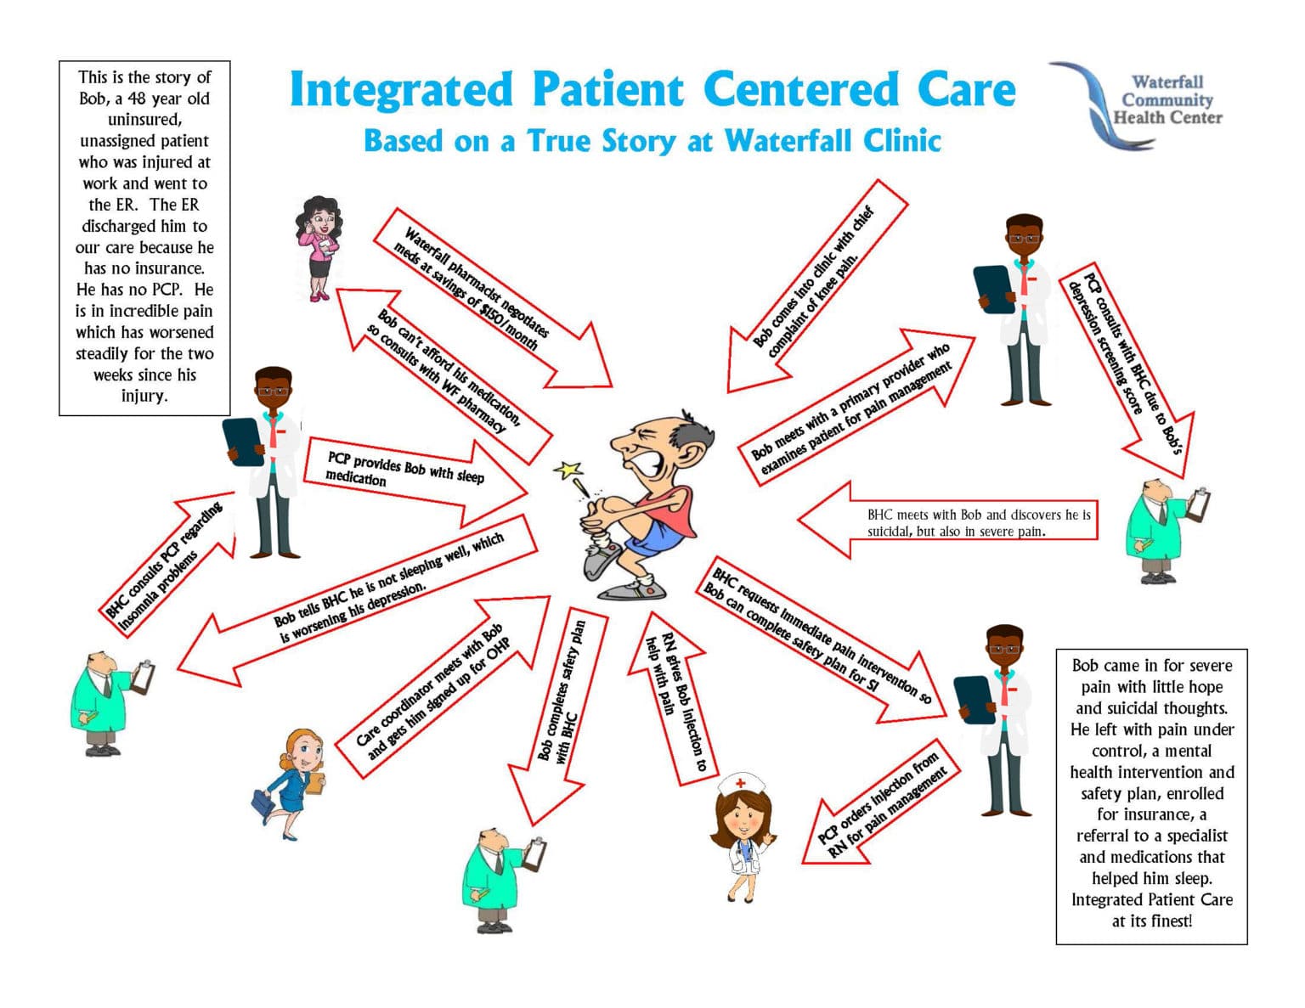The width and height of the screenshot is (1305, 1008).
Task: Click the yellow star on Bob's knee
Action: [568, 470]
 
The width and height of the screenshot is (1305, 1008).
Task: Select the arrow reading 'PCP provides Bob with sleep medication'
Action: [408, 476]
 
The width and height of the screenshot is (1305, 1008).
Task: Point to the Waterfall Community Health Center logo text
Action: [1167, 100]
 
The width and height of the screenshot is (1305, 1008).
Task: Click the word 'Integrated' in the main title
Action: [402, 90]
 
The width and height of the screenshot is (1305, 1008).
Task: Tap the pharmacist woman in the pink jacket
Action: [320, 247]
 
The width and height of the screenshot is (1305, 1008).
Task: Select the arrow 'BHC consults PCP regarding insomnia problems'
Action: [166, 560]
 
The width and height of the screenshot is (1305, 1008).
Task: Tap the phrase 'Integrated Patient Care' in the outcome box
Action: [1151, 899]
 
